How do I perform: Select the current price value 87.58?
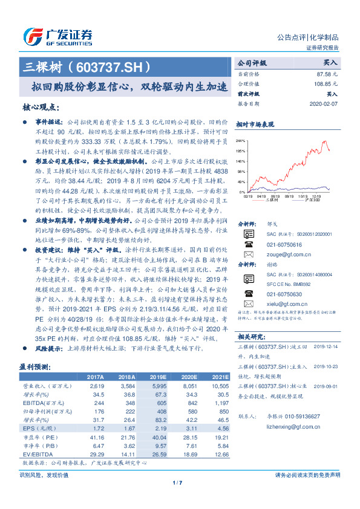(x=327, y=73)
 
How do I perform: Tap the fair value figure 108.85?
(x=325, y=83)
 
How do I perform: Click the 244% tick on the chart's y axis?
(x=241, y=140)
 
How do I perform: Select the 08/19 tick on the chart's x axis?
(x=275, y=196)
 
